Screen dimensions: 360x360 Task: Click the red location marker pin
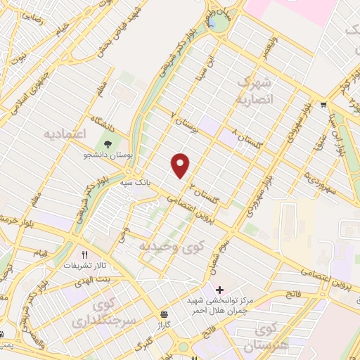click(181, 165)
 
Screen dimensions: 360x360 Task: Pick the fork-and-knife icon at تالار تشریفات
click(85, 255)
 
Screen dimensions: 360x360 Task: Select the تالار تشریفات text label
click(85, 266)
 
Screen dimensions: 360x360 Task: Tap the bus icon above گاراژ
click(164, 314)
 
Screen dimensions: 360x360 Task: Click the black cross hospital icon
click(219, 290)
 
